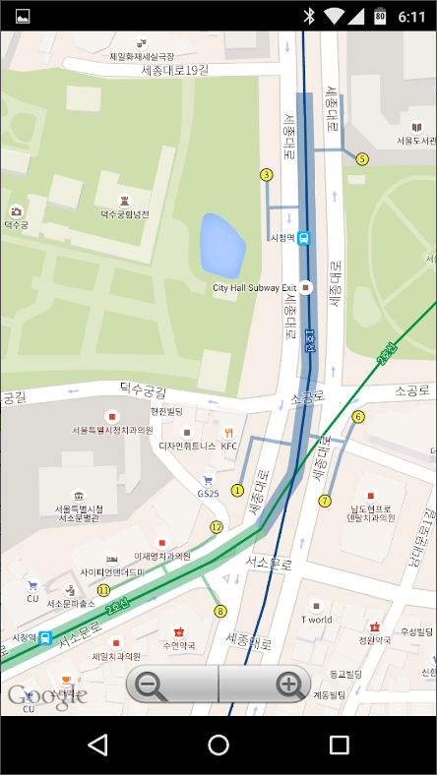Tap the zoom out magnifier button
point(150,685)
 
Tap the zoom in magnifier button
point(288,685)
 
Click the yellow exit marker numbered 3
point(266,175)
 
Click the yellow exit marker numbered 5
point(362,158)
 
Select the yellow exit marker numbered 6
point(358,417)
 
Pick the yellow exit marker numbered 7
point(325,501)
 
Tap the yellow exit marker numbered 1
point(237,490)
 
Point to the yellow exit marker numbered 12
point(217,527)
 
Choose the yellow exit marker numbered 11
point(102,589)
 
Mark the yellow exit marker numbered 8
point(220,611)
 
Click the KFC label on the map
point(229,446)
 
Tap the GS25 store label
point(208,493)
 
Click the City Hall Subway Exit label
point(254,288)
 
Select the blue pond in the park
point(221,245)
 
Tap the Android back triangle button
point(97,745)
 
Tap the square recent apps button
point(340,745)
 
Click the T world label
point(316,620)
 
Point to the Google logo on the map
point(46,696)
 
